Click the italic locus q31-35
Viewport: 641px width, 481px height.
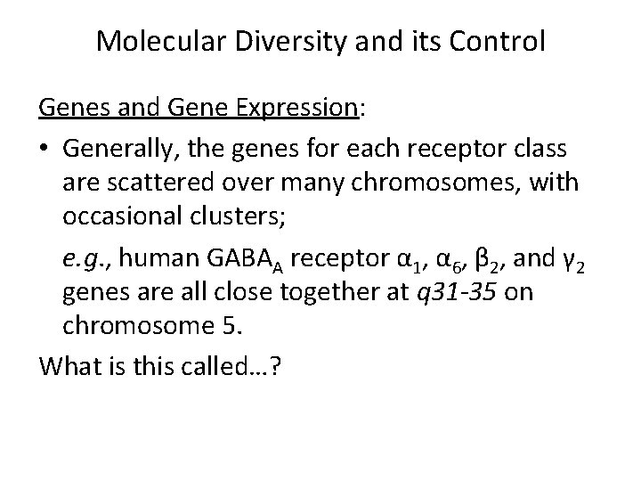point(455,292)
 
